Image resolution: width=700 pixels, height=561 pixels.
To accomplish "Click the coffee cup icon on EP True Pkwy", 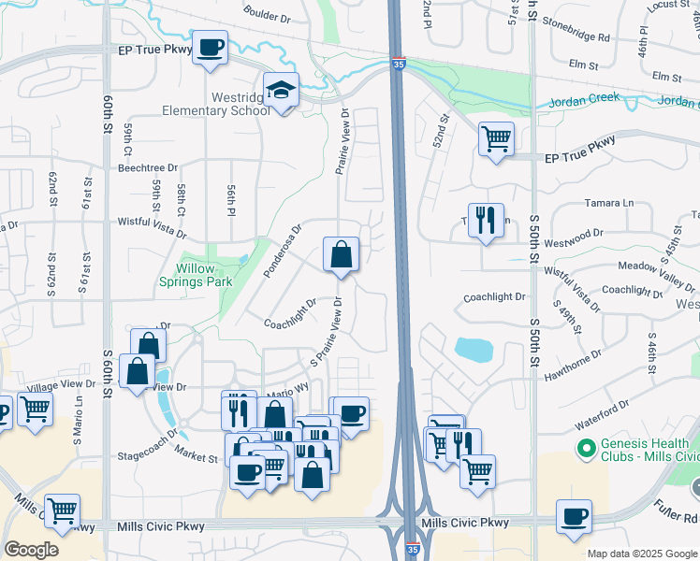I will tap(211, 47).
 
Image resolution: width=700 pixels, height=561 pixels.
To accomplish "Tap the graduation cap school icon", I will tap(281, 90).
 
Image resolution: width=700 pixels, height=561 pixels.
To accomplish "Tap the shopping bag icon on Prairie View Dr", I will tap(341, 254).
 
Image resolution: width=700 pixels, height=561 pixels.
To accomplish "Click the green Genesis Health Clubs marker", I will tap(587, 450).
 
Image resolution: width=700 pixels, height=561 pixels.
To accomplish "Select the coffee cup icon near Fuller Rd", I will tap(574, 516).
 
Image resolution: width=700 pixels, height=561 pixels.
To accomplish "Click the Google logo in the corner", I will tap(32, 550).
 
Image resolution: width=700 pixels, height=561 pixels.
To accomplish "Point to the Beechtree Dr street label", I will tap(140, 167).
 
